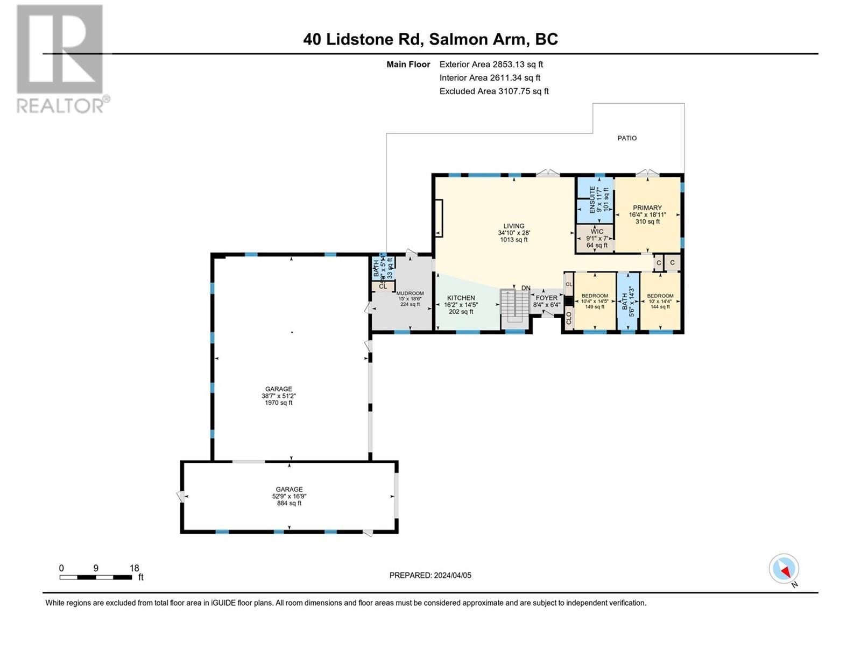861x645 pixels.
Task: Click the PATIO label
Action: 627,138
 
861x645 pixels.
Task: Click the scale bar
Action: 96,577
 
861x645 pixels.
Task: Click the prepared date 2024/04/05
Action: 430,575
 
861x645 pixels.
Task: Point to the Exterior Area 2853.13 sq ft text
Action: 491,64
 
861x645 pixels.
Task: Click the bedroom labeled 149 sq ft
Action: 595,301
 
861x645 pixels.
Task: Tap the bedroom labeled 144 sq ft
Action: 660,301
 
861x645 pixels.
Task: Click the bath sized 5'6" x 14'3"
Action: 627,301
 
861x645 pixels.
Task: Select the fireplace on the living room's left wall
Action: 439,218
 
